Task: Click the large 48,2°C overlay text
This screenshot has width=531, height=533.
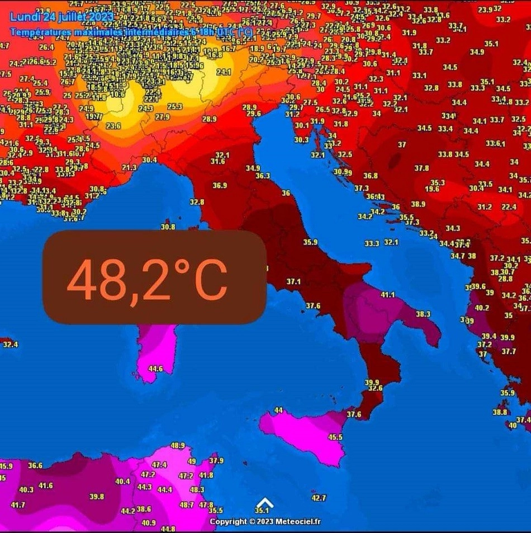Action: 148,279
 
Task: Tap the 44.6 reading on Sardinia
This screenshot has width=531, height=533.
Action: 155,369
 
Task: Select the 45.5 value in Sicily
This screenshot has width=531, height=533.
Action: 335,437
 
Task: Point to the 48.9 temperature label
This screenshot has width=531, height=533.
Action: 178,445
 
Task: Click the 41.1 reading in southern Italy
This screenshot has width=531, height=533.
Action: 388,295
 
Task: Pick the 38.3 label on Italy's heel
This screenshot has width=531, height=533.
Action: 423,314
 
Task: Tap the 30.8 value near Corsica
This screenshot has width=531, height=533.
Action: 168,227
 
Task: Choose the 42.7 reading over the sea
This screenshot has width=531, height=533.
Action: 319,498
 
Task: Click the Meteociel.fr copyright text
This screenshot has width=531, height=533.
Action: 265,522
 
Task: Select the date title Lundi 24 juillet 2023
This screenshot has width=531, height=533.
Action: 61,17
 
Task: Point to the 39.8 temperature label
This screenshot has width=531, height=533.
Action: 97,496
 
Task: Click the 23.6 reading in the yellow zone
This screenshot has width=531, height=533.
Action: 113,126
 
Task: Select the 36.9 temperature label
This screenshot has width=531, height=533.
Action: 220,186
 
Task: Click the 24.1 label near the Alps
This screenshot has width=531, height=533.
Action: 224,72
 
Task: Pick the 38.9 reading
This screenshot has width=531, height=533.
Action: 418,204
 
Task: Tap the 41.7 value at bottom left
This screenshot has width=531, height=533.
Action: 18,505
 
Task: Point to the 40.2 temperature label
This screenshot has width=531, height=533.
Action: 482,308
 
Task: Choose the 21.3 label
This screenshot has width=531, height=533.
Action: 130,167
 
